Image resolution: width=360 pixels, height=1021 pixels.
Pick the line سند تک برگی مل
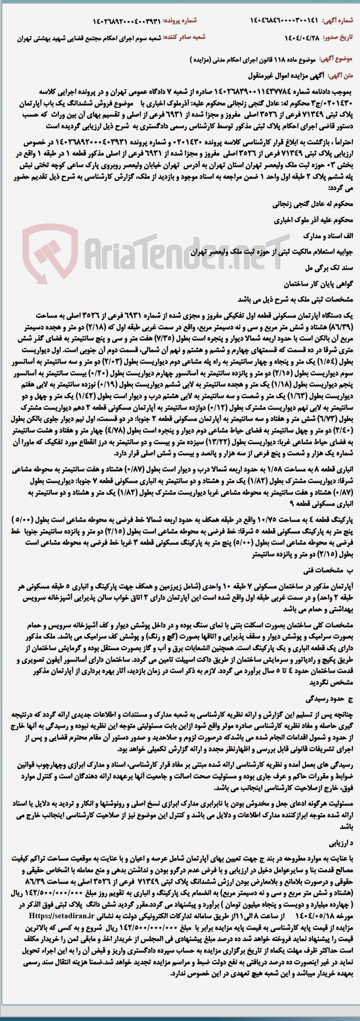tap(332, 268)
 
